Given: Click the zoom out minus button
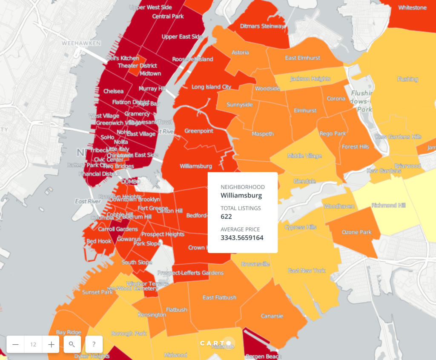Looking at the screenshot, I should [x=15, y=344].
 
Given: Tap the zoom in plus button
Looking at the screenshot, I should [x=51, y=344].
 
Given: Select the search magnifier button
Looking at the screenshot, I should [x=72, y=344].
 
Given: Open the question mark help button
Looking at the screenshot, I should [x=94, y=344].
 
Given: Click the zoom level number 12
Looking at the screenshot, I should [x=33, y=344].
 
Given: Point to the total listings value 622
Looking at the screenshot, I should [x=226, y=217].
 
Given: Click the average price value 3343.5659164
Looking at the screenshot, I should [x=242, y=238].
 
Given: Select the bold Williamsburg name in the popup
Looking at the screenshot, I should [x=241, y=196].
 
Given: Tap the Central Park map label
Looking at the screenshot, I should [x=168, y=17].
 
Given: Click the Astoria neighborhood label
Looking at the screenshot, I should [x=240, y=53].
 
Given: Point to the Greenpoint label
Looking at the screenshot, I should [x=199, y=131].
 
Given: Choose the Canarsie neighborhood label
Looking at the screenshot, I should [x=272, y=316].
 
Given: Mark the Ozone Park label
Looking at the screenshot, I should [x=357, y=232].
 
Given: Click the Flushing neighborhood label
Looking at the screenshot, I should [x=407, y=79].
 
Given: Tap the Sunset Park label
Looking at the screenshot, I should [x=98, y=292].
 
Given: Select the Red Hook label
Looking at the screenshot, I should [x=99, y=241].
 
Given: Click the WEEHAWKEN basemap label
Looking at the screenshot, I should [x=81, y=43].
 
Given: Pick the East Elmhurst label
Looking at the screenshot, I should [x=303, y=58].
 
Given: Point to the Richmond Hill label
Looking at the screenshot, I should [x=389, y=206].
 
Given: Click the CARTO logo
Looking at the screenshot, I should [x=216, y=343].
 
